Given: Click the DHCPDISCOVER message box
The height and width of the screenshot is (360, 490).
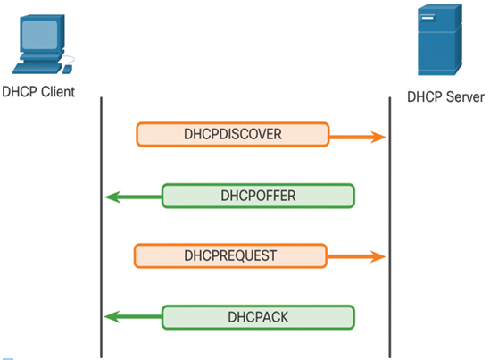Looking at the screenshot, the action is [x=232, y=134].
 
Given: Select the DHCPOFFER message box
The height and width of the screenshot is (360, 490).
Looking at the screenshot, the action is [x=258, y=196].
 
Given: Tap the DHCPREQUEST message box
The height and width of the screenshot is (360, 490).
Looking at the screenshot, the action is [x=230, y=255].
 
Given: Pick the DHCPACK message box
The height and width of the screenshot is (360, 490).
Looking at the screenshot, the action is [x=258, y=317].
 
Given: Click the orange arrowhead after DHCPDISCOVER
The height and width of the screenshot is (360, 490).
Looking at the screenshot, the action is [x=378, y=137].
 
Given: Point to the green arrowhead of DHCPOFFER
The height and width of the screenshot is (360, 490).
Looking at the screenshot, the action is [x=112, y=197].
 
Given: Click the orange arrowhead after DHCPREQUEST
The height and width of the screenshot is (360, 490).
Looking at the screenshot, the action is [x=378, y=256].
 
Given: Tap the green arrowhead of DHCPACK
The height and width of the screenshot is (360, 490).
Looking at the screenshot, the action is [x=112, y=316].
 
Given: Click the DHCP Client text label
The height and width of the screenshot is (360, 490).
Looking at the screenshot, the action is [x=38, y=92].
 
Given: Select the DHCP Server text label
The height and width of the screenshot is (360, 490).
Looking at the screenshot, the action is [x=445, y=97].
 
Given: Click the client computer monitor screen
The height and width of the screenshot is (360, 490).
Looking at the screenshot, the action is [x=39, y=35].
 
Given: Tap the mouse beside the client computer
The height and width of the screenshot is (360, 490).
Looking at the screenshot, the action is [x=67, y=70].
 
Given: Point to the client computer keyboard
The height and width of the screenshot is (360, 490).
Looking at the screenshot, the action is [x=37, y=69].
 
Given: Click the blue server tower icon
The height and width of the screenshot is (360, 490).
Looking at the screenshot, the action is [x=440, y=39].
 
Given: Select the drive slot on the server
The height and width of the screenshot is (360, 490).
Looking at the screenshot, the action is [x=428, y=18].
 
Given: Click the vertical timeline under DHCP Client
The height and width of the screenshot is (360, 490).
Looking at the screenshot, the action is [x=101, y=228].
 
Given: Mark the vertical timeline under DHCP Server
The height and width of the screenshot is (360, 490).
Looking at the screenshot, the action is [x=390, y=228].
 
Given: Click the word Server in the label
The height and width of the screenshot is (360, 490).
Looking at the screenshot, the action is [x=465, y=97].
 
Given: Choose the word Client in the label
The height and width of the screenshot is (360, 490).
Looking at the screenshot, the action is [x=58, y=92].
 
